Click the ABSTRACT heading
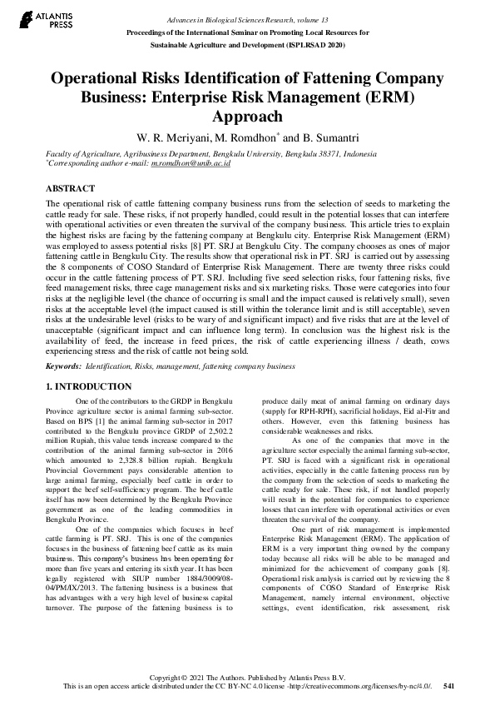71,189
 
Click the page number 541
448,687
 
